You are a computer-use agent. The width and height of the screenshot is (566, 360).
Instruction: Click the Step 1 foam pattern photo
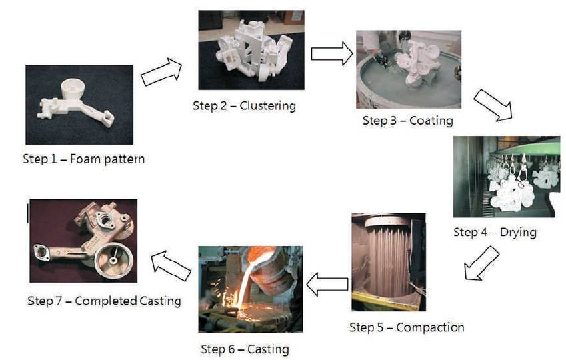pyautogui.click(x=79, y=105)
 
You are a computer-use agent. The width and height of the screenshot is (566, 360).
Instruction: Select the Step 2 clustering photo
pyautogui.click(x=251, y=50)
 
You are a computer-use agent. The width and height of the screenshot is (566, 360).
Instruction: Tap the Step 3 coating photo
pyautogui.click(x=408, y=69)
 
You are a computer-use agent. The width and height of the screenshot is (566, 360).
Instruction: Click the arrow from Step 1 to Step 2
pyautogui.click(x=162, y=71)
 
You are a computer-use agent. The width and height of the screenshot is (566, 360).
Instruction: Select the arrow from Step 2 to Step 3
pyautogui.click(x=331, y=53)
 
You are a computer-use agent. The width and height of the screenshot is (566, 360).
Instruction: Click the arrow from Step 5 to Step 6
pyautogui.click(x=327, y=284)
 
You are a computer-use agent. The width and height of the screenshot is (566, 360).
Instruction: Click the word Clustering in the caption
pyautogui.click(x=268, y=105)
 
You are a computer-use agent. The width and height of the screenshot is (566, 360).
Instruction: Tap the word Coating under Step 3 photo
pyautogui.click(x=431, y=121)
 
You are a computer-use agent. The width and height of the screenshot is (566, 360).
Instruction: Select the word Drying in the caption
pyautogui.click(x=516, y=232)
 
